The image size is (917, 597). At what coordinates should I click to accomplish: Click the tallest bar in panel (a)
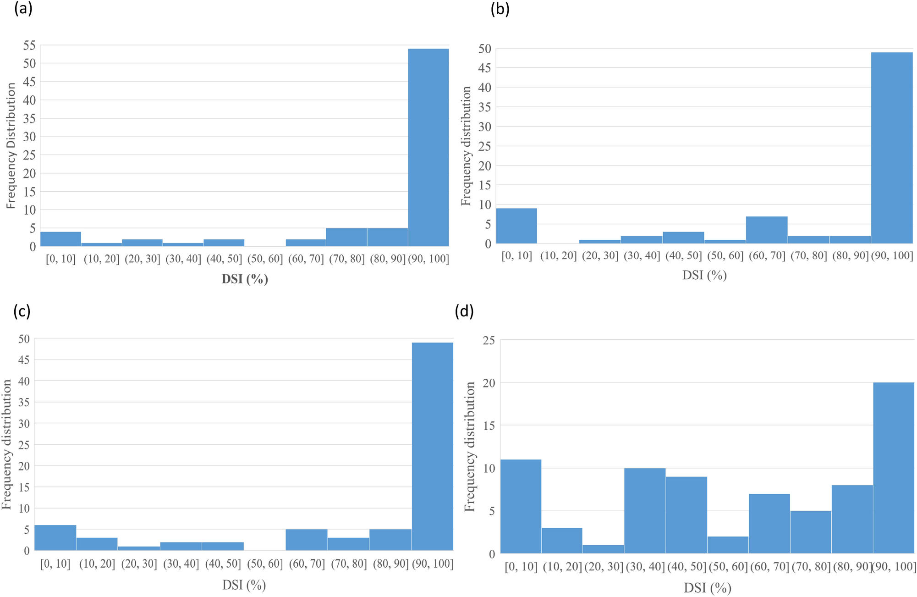click(x=428, y=147)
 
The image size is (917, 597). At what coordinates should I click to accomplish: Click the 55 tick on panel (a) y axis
click(x=29, y=45)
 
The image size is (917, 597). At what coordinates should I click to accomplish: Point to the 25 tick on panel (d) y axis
click(x=489, y=340)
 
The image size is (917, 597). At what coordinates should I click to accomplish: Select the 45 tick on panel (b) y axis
click(x=484, y=68)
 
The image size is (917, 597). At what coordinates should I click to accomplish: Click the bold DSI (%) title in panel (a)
click(x=245, y=279)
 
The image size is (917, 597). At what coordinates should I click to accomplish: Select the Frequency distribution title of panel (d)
click(x=470, y=447)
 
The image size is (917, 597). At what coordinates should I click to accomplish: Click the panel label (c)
click(x=22, y=311)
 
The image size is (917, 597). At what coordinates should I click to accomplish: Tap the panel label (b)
click(x=500, y=9)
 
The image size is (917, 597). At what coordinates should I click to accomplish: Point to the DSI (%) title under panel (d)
click(x=707, y=587)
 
